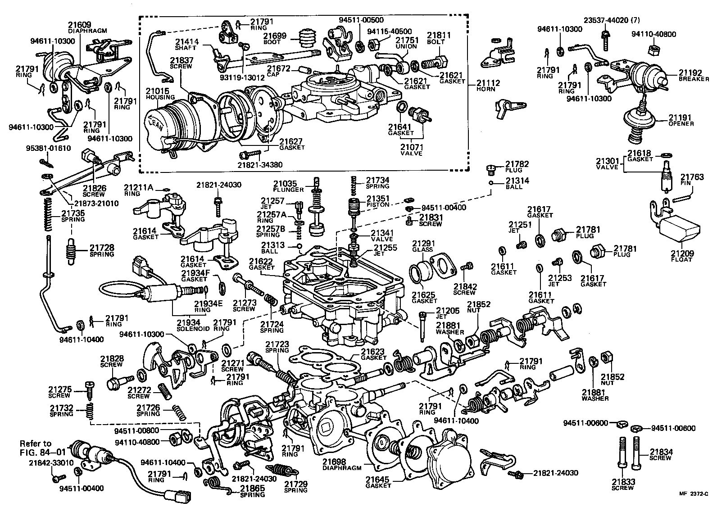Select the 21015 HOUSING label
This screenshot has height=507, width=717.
pyautogui.click(x=157, y=94)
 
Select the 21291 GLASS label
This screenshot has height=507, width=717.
pyautogui.click(x=423, y=246)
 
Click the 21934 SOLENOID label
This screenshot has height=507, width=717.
pyautogui.click(x=189, y=326)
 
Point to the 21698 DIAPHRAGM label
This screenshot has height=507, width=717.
pyautogui.click(x=341, y=465)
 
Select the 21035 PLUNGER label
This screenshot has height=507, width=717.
pyautogui.click(x=288, y=186)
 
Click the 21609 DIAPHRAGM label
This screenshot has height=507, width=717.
pyautogui.click(x=87, y=28)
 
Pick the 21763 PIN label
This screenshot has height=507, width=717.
pyautogui.click(x=692, y=180)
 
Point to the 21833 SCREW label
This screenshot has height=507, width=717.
pyautogui.click(x=623, y=484)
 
